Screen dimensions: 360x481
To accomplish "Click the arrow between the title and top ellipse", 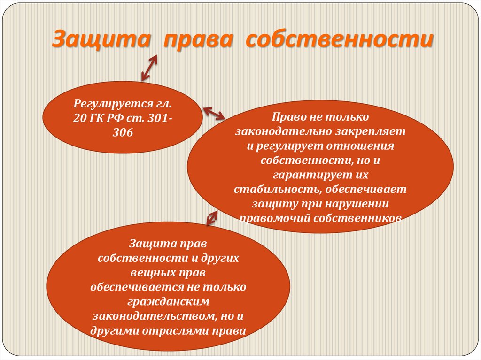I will [x=149, y=67].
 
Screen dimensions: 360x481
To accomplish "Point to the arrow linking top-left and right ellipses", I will [x=214, y=113].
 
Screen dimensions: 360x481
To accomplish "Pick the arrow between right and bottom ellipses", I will [x=212, y=217].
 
